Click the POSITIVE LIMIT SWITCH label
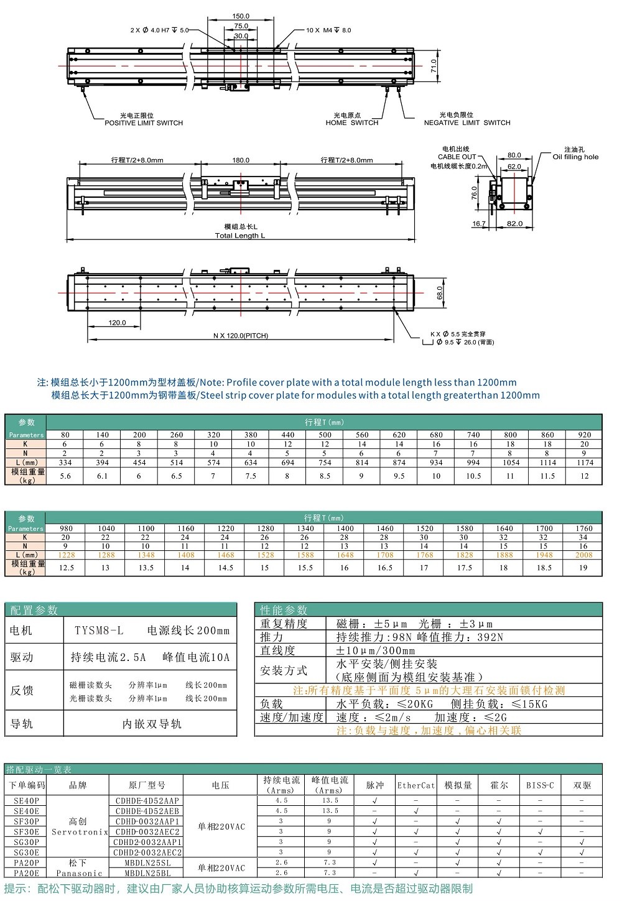(x=144, y=123)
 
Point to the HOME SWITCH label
(x=351, y=123)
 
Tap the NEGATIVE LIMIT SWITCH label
(x=467, y=123)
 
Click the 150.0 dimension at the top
(x=241, y=16)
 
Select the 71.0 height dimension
(x=434, y=66)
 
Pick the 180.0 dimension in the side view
(x=241, y=160)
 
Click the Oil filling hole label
(x=575, y=157)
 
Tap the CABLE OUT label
(x=457, y=157)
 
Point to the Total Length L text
(x=240, y=236)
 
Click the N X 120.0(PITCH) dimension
(x=240, y=336)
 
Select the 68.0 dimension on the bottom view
(x=440, y=293)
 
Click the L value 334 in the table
(x=65, y=463)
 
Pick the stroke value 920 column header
(x=584, y=435)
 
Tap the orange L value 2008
(x=583, y=555)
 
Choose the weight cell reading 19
(x=583, y=568)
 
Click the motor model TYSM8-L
(x=100, y=631)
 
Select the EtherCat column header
(x=416, y=785)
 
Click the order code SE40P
(x=26, y=801)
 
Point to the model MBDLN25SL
(x=147, y=863)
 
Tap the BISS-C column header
(x=540, y=785)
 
